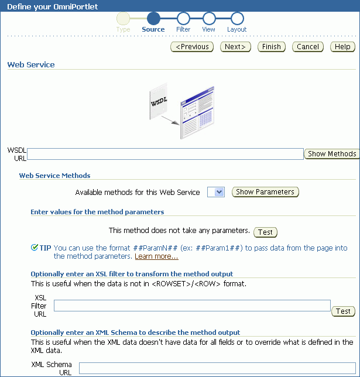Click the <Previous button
tap(193, 47)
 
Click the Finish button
tap(272, 47)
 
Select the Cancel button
tap(308, 47)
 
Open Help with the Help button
tap(343, 47)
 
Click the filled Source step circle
tap(153, 19)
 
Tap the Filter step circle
tap(183, 19)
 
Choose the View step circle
tap(209, 19)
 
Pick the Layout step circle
tap(237, 19)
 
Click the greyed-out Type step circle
tap(123, 19)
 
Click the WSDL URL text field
tap(165, 154)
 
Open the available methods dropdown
tap(216, 192)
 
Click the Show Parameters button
tap(265, 192)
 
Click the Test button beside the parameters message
tap(265, 232)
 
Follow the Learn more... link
tap(156, 256)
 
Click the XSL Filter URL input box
tap(192, 306)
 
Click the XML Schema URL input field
tap(217, 368)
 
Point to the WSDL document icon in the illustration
tap(159, 103)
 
